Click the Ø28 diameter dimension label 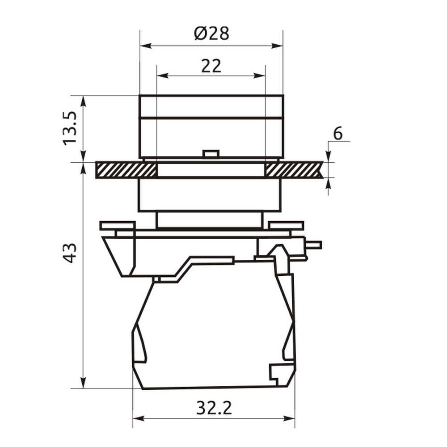point(211,34)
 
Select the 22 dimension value point(211,66)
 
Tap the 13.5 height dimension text point(70,129)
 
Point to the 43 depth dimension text point(70,253)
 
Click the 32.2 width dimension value point(214,408)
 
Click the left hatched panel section point(127,170)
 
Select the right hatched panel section point(294,170)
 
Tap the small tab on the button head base point(211,153)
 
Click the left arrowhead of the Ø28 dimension point(145,46)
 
